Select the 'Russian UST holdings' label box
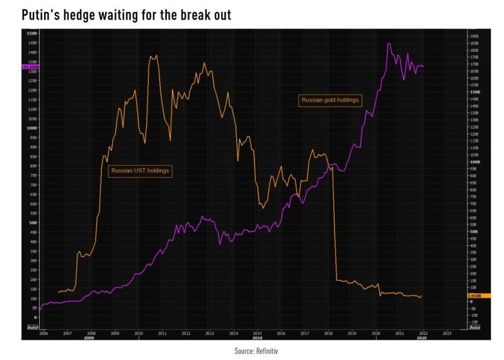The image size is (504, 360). click(x=140, y=170)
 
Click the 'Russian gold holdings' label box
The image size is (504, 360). click(x=330, y=100)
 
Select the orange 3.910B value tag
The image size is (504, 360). click(x=474, y=296)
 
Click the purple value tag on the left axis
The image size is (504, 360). click(x=30, y=66)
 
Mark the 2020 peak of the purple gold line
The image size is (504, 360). click(x=389, y=44)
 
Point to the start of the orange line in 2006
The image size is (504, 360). click(x=58, y=292)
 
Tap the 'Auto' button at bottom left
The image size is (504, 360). click(x=33, y=328)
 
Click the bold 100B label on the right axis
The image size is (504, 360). click(x=474, y=162)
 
